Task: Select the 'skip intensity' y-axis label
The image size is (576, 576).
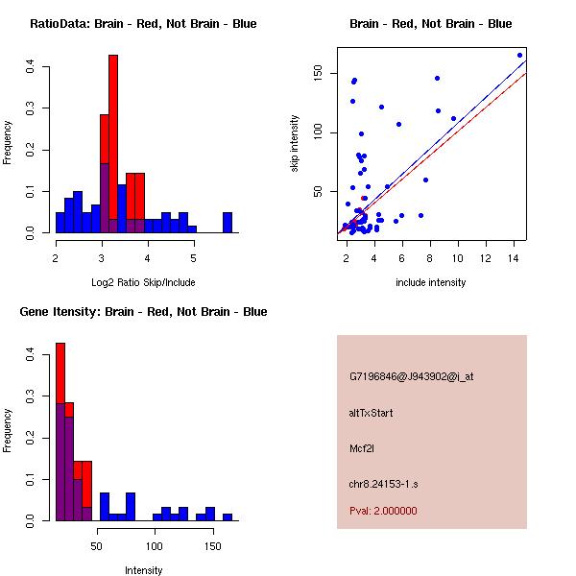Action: click(295, 144)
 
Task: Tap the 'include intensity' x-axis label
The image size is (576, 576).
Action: click(431, 282)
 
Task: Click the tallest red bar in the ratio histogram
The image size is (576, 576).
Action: click(113, 144)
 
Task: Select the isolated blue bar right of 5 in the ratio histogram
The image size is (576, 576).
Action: click(228, 223)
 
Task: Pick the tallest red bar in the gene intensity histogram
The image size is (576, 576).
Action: click(60, 384)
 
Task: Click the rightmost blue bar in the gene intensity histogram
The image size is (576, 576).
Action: click(228, 516)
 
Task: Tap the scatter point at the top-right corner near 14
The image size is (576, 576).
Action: click(519, 55)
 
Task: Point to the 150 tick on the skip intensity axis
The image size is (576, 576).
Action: click(324, 73)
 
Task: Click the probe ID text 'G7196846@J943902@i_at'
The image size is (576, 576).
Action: click(412, 377)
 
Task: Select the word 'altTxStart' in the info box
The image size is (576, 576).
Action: click(372, 413)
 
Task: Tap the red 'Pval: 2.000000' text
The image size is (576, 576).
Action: click(383, 511)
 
